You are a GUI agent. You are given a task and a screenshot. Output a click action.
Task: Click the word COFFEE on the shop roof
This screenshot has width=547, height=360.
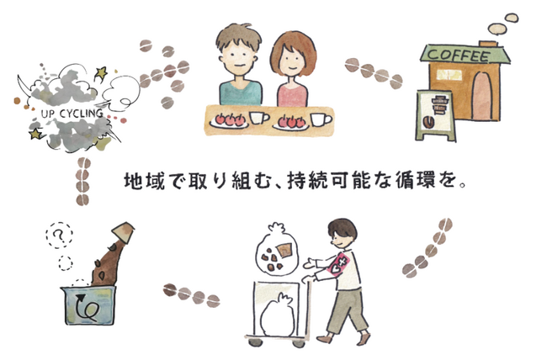coord(459,56)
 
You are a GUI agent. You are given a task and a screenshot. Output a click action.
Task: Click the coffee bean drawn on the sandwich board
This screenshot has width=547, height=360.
coord(428,123)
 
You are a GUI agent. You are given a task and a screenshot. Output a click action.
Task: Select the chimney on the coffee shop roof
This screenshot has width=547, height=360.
coord(488,44)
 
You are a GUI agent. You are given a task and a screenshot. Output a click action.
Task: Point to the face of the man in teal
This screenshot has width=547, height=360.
coord(238,57)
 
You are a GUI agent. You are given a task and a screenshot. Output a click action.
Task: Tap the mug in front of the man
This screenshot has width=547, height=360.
coord(259,118)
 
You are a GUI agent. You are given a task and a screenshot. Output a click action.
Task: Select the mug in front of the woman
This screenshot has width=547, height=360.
coord(321,119)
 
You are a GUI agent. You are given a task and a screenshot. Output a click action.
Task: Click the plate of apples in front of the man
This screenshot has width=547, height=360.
coord(229,120)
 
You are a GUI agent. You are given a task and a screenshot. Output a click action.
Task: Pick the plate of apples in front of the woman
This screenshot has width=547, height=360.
coord(291,123)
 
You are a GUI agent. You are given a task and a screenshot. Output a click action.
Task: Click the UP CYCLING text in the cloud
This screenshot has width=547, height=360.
coord(72,114)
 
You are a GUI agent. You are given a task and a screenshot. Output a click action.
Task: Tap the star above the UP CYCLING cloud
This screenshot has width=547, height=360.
coord(101,72)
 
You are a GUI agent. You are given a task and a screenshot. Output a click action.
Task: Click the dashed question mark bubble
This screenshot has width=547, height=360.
coord(59,236)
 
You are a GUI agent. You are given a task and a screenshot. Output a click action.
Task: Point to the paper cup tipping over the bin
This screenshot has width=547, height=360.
coord(123,231)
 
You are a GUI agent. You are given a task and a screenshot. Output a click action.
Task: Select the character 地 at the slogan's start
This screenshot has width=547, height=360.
coord(133,181)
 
